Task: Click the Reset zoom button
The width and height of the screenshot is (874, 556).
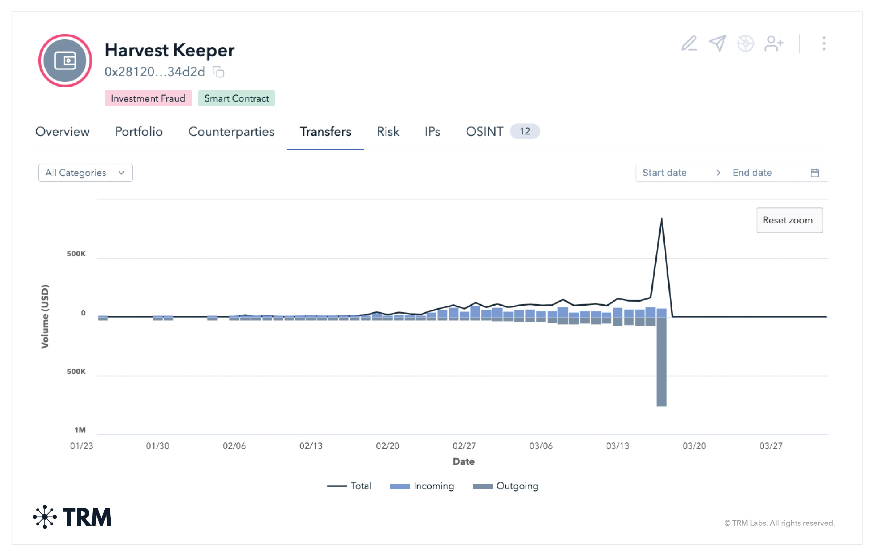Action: click(x=789, y=220)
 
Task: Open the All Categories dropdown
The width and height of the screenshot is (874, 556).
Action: click(x=85, y=173)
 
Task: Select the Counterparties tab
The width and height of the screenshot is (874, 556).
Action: click(x=231, y=131)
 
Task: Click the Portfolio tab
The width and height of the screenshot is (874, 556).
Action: click(x=139, y=131)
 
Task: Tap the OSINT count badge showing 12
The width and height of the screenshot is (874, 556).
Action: click(x=524, y=131)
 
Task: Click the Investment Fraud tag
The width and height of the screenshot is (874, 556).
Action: click(x=148, y=98)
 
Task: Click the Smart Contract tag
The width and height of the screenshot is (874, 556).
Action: click(x=236, y=98)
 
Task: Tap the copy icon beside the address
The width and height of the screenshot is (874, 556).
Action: click(x=218, y=72)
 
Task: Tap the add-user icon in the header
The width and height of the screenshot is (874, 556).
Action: click(x=774, y=43)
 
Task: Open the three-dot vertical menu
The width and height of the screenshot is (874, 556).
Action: click(x=824, y=43)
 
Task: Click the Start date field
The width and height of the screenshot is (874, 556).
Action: click(x=664, y=173)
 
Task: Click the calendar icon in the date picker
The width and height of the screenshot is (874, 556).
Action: click(x=814, y=173)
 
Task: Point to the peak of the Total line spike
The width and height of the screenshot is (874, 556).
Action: click(x=661, y=219)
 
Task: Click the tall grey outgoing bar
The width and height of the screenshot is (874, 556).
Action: click(x=661, y=363)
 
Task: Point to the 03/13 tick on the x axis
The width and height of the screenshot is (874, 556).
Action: click(x=617, y=446)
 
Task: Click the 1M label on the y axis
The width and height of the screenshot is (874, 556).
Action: click(x=80, y=430)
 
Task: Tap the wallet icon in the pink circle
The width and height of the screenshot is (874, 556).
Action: click(x=65, y=61)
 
